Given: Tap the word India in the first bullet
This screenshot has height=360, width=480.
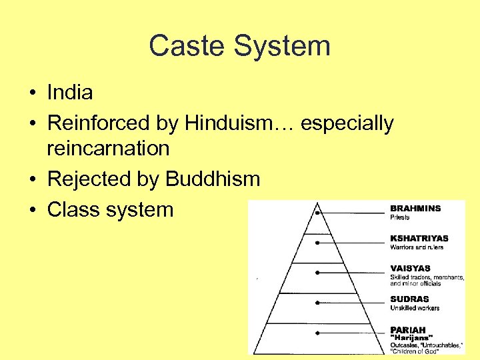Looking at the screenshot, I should point(69,92).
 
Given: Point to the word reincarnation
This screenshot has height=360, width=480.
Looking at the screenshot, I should point(108,147).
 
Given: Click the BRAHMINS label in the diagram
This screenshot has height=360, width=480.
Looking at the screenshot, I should point(415,209).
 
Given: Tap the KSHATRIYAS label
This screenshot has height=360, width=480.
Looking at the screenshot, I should point(419,239).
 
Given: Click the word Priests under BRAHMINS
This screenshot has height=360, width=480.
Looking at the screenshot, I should point(400,217).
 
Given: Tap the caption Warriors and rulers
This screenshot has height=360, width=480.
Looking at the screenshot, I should point(417,247).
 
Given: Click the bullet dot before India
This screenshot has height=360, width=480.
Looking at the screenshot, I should point(32,93).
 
